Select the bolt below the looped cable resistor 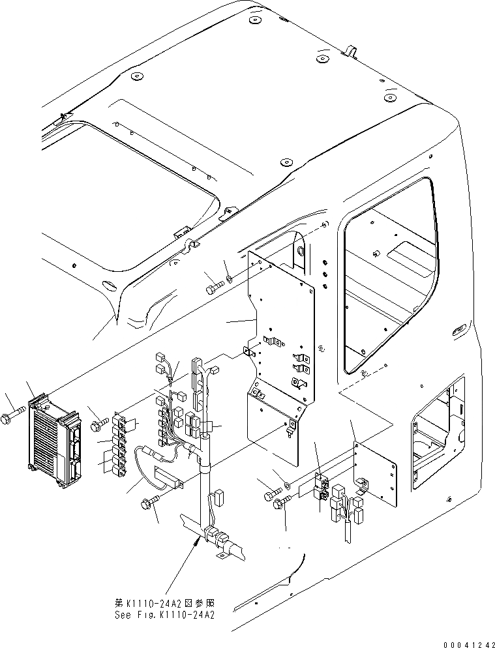point(149,503)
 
